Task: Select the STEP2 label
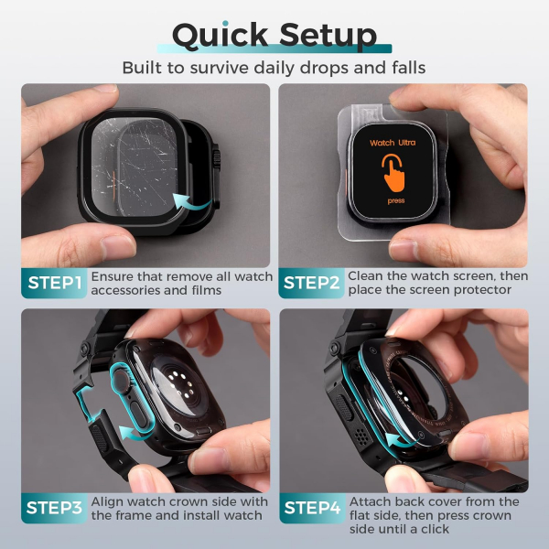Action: tap(310, 284)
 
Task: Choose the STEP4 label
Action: tap(311, 509)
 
